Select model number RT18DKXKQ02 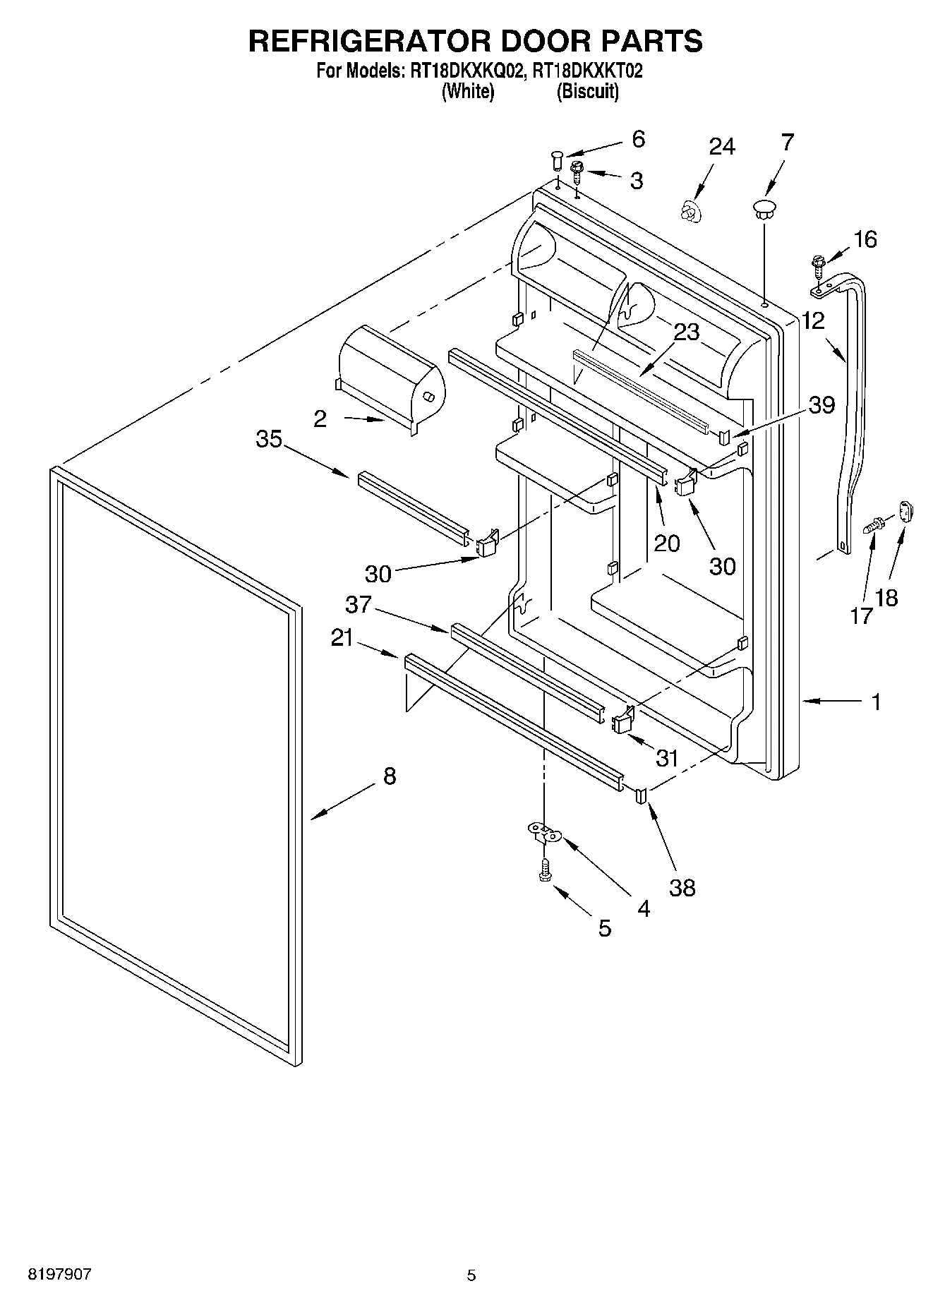[463, 71]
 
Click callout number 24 [722, 147]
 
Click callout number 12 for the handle [813, 321]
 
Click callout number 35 [269, 439]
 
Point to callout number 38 [682, 887]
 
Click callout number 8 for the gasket [390, 776]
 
